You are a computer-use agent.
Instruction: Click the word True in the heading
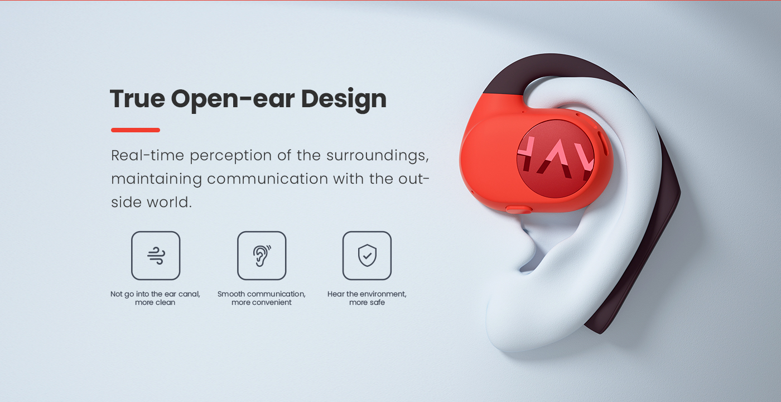[x=137, y=98]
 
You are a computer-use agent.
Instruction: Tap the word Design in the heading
[x=344, y=100]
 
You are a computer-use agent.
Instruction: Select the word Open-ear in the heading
[x=233, y=100]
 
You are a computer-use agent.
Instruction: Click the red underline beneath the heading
[x=135, y=130]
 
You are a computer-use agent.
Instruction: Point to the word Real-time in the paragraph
[x=147, y=155]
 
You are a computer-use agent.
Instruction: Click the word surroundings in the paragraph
[x=378, y=156]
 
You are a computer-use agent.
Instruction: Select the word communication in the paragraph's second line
[x=267, y=179]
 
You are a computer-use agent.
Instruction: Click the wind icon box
[x=156, y=256]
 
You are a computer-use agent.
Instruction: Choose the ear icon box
[x=262, y=256]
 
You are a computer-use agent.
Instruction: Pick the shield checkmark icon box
[x=367, y=256]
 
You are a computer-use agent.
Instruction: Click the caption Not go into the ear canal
[x=155, y=294]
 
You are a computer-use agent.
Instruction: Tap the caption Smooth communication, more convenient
[x=262, y=298]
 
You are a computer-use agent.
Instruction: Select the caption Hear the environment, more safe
[x=367, y=298]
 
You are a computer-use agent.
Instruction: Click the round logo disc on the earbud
[x=556, y=159]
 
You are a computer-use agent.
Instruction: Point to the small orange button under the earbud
[x=518, y=209]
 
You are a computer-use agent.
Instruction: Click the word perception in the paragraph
[x=231, y=156]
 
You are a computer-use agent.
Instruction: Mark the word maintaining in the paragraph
[x=157, y=179]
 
